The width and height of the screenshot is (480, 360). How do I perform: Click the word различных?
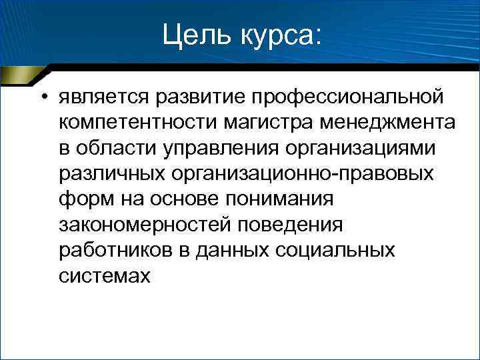click(113, 175)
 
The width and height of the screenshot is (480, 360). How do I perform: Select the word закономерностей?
click(144, 225)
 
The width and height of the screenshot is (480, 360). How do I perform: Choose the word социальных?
click(338, 251)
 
